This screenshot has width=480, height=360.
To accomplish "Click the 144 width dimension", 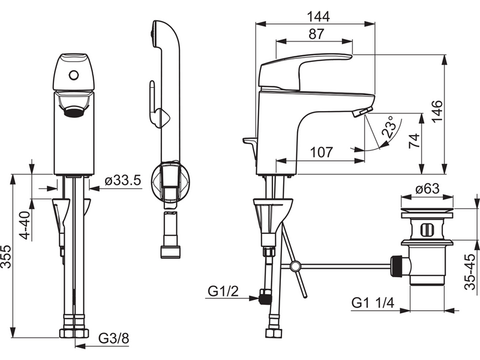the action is pyautogui.click(x=319, y=16).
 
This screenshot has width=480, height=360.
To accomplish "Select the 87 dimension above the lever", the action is pyautogui.click(x=316, y=34).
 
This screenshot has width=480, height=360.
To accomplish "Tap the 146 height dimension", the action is pyautogui.click(x=437, y=111).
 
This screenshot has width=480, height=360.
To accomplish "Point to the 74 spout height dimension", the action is pyautogui.click(x=413, y=141).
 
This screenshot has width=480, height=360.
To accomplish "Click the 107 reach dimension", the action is pyautogui.click(x=322, y=152).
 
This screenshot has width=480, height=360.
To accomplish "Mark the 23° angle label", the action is pyautogui.click(x=389, y=126).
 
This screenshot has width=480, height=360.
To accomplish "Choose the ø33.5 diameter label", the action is pyautogui.click(x=123, y=181).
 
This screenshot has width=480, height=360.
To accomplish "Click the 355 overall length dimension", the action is pyautogui.click(x=6, y=257).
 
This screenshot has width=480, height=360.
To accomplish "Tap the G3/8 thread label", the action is pyautogui.click(x=114, y=339).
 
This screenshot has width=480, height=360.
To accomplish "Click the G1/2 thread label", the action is pyautogui.click(x=223, y=291).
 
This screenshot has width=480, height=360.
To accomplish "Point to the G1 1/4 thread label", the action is pyautogui.click(x=373, y=303).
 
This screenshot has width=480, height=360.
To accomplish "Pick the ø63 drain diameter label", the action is pyautogui.click(x=427, y=189).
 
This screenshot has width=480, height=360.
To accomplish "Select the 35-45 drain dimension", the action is pyautogui.click(x=470, y=272).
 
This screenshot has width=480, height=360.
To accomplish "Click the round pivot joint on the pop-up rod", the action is pyautogui.click(x=295, y=266).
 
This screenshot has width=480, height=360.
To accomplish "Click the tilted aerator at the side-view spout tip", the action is pyautogui.click(x=362, y=112).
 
